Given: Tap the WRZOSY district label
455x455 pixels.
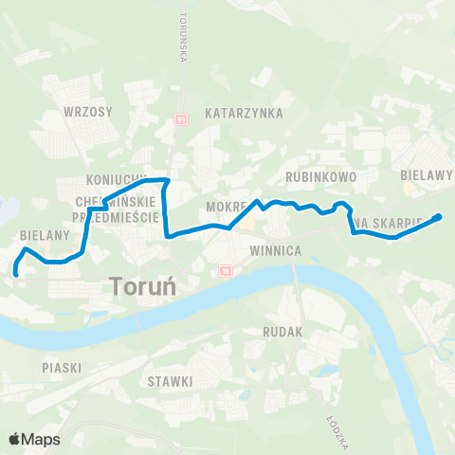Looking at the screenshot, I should (87, 112).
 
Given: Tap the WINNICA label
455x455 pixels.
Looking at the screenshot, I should (275, 251).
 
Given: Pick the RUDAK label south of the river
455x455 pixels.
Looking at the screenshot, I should (283, 333).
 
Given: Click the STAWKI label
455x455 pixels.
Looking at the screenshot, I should (170, 381).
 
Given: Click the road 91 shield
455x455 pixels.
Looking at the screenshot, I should (180, 120).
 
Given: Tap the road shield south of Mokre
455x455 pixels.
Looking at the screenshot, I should (225, 271).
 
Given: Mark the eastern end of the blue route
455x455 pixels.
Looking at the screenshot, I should (438, 218).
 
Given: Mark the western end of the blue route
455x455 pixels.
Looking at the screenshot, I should (16, 274).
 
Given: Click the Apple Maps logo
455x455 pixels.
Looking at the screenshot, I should (34, 439).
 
